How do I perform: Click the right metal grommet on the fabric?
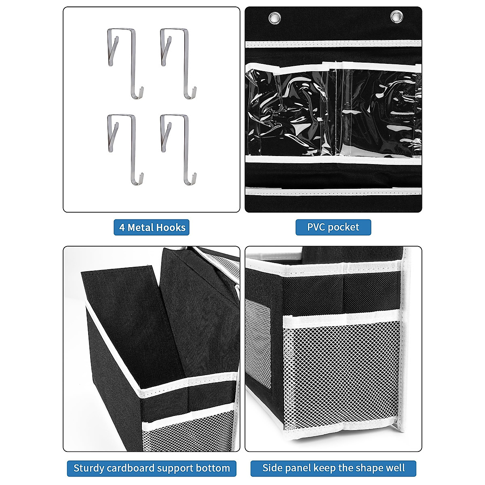tap(396, 17)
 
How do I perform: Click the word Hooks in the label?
tap(171, 228)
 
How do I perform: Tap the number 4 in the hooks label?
tap(122, 228)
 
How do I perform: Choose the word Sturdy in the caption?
tap(89, 468)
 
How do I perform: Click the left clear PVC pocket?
tap(291, 113)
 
